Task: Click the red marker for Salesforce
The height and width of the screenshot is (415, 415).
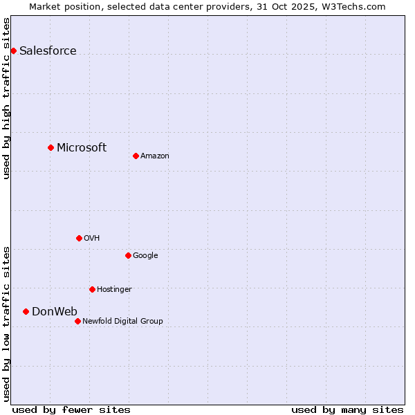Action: click(x=13, y=50)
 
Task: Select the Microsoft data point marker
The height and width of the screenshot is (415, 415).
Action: click(x=50, y=147)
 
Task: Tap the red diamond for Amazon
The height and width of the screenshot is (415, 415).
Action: click(x=136, y=156)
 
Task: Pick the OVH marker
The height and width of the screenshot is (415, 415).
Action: click(x=79, y=238)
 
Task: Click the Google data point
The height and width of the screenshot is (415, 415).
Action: click(x=128, y=255)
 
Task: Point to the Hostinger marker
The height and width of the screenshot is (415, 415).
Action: click(x=92, y=289)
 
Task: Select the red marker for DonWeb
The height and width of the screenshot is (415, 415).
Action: click(x=26, y=311)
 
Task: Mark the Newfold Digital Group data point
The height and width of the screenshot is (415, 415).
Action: click(x=77, y=321)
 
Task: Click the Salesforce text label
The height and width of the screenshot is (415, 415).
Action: click(x=48, y=50)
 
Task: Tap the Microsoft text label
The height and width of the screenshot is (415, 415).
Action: click(x=82, y=147)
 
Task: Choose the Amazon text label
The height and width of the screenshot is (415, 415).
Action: click(x=155, y=156)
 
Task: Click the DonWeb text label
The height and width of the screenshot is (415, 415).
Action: click(x=55, y=311)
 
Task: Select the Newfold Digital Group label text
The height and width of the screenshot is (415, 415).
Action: click(x=122, y=321)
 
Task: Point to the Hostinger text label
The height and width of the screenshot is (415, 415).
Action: click(x=114, y=289)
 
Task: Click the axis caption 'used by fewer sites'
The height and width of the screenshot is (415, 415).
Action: click(x=71, y=409)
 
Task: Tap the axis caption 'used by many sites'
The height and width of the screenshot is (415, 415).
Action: click(x=347, y=409)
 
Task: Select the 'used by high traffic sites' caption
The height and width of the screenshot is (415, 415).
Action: click(x=6, y=98)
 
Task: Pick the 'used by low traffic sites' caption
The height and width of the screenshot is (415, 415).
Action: click(x=6, y=324)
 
